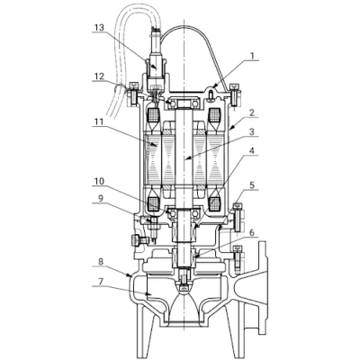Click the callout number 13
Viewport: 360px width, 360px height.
99,28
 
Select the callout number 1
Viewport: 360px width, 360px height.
252,56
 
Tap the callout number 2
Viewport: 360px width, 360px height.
252,112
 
